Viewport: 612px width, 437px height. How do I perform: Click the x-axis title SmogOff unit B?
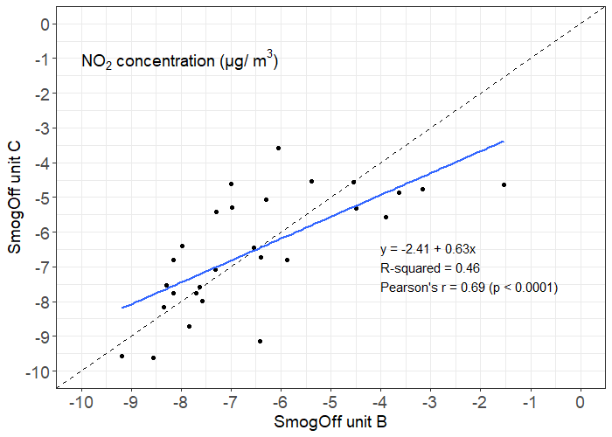[331, 422]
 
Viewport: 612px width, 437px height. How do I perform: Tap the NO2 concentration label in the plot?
[179, 61]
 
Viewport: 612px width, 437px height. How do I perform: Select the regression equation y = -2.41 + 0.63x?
[428, 249]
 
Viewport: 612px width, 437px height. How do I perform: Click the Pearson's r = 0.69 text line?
[469, 287]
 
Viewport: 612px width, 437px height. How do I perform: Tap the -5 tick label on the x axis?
[330, 402]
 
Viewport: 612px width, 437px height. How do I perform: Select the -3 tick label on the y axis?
[40, 128]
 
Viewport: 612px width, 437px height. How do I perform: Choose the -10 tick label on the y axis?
[38, 371]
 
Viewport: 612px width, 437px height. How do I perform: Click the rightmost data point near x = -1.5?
[504, 184]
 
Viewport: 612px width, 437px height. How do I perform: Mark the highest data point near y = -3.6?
[278, 148]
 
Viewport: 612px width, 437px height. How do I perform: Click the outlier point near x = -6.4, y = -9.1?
[260, 341]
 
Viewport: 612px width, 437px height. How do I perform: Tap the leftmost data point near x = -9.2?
[122, 356]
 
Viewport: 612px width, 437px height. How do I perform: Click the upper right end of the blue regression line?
[504, 142]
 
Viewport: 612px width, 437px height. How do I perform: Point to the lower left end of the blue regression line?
[122, 308]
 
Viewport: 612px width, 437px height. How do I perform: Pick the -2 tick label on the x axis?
[480, 402]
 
